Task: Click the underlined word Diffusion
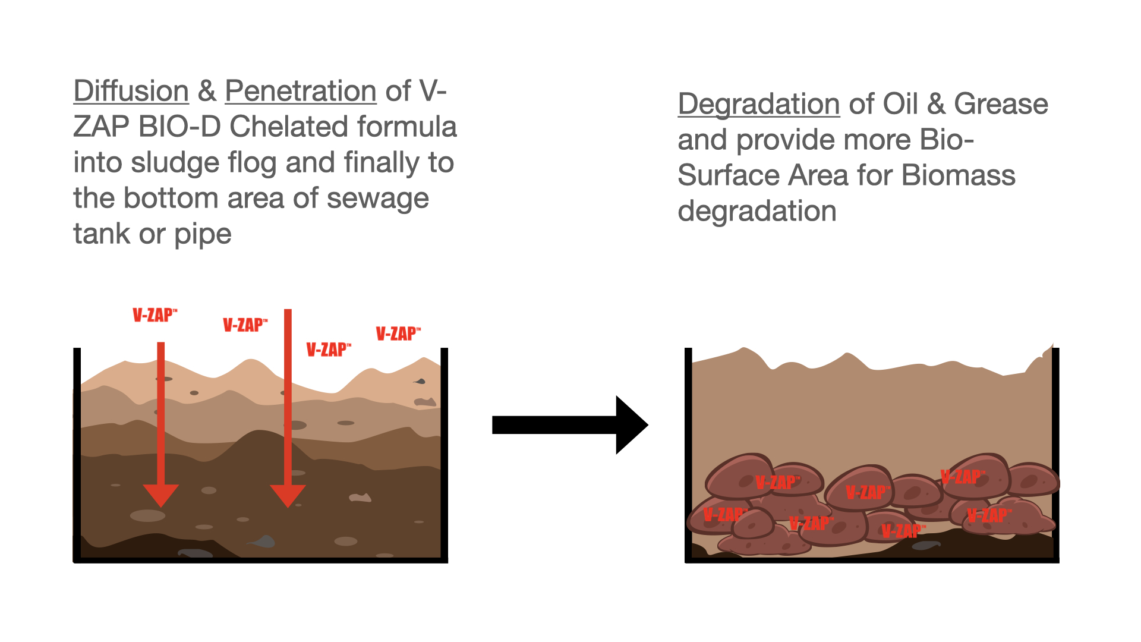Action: [131, 92]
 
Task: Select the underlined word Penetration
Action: [300, 92]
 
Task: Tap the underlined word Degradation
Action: [758, 105]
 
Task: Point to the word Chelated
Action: [280, 127]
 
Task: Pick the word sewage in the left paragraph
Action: [377, 199]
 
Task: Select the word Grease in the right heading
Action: [1001, 105]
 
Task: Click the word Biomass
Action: [958, 176]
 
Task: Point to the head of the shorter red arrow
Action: [160, 495]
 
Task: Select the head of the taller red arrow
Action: [288, 495]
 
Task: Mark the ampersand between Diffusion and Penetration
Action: [207, 92]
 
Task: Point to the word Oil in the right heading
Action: [900, 105]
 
